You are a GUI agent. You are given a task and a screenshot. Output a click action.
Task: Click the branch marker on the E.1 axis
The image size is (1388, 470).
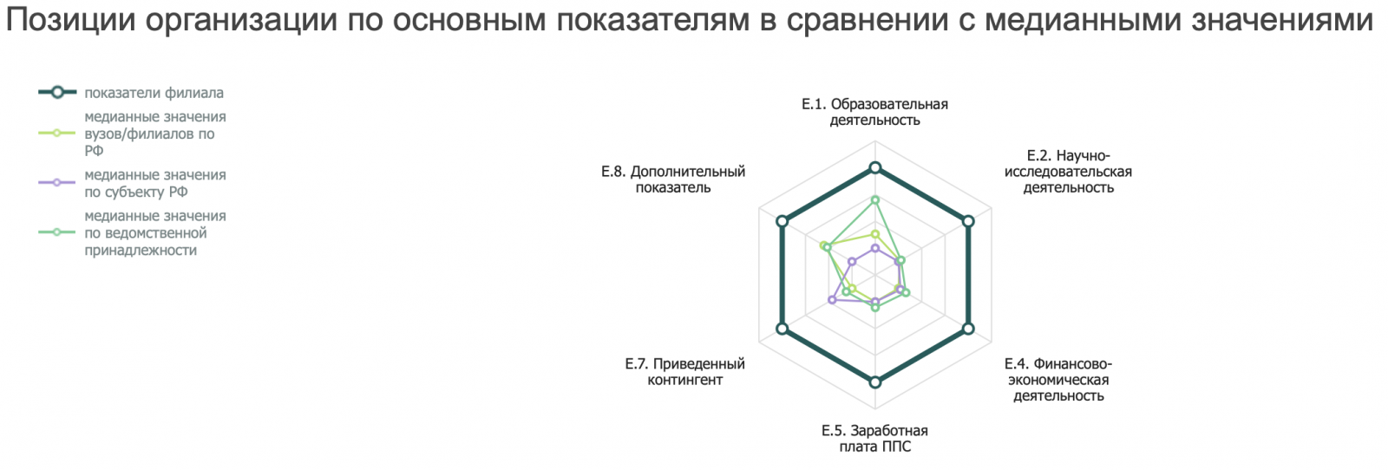coord(875,168)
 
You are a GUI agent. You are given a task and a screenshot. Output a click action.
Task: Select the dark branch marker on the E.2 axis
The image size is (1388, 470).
coord(968,221)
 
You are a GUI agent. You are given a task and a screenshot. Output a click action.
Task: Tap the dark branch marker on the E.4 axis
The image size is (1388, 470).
coord(968,329)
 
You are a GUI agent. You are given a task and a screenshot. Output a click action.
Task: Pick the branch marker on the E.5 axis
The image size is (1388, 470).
coord(875,382)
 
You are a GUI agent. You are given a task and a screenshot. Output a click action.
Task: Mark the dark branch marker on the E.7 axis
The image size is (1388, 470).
coord(782,329)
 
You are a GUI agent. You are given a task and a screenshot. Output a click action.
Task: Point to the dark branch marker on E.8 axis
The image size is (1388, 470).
coord(782,221)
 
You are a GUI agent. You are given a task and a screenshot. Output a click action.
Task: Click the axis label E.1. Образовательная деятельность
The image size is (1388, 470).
coord(875,112)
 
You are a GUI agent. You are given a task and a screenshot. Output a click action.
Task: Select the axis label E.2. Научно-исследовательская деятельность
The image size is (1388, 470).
coord(1068,172)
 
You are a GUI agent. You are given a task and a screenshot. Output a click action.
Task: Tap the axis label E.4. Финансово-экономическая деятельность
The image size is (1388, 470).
coord(1058,379)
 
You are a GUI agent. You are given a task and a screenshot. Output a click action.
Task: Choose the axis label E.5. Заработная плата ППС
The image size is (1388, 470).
coord(875,439)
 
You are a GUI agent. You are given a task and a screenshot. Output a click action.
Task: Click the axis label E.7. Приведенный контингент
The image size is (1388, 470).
coord(684,371)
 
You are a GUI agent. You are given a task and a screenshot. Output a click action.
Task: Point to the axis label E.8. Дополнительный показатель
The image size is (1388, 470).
coord(673,180)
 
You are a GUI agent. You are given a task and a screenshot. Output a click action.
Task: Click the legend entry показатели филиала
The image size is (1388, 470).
coord(131,93)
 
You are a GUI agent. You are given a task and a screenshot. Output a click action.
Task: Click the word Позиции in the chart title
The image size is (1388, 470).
coord(70,21)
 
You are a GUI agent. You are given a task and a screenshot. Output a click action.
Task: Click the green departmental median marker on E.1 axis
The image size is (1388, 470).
coord(875,200)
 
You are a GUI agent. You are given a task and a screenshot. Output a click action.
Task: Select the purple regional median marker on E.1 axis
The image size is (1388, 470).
coord(875,248)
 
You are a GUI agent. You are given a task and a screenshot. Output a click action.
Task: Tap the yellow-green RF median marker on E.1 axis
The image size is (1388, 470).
coord(875,233)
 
